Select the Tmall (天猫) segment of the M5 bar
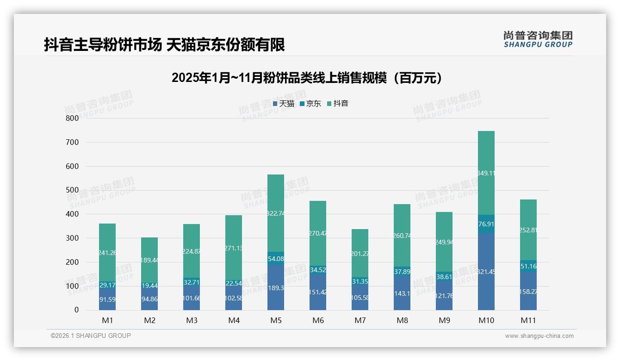(276, 287)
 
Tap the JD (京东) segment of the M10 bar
(486, 224)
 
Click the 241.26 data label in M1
(107, 253)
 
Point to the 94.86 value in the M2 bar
(149, 299)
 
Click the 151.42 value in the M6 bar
(318, 292)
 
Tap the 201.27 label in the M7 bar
(360, 253)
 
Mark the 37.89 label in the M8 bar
(402, 272)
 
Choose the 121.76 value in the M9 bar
(444, 296)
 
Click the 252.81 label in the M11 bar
(528, 230)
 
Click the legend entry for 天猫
(284, 104)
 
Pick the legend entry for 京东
(310, 104)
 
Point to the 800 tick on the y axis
(72, 118)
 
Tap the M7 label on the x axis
(360, 320)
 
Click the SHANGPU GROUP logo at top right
(538, 39)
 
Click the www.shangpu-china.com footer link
(539, 336)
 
